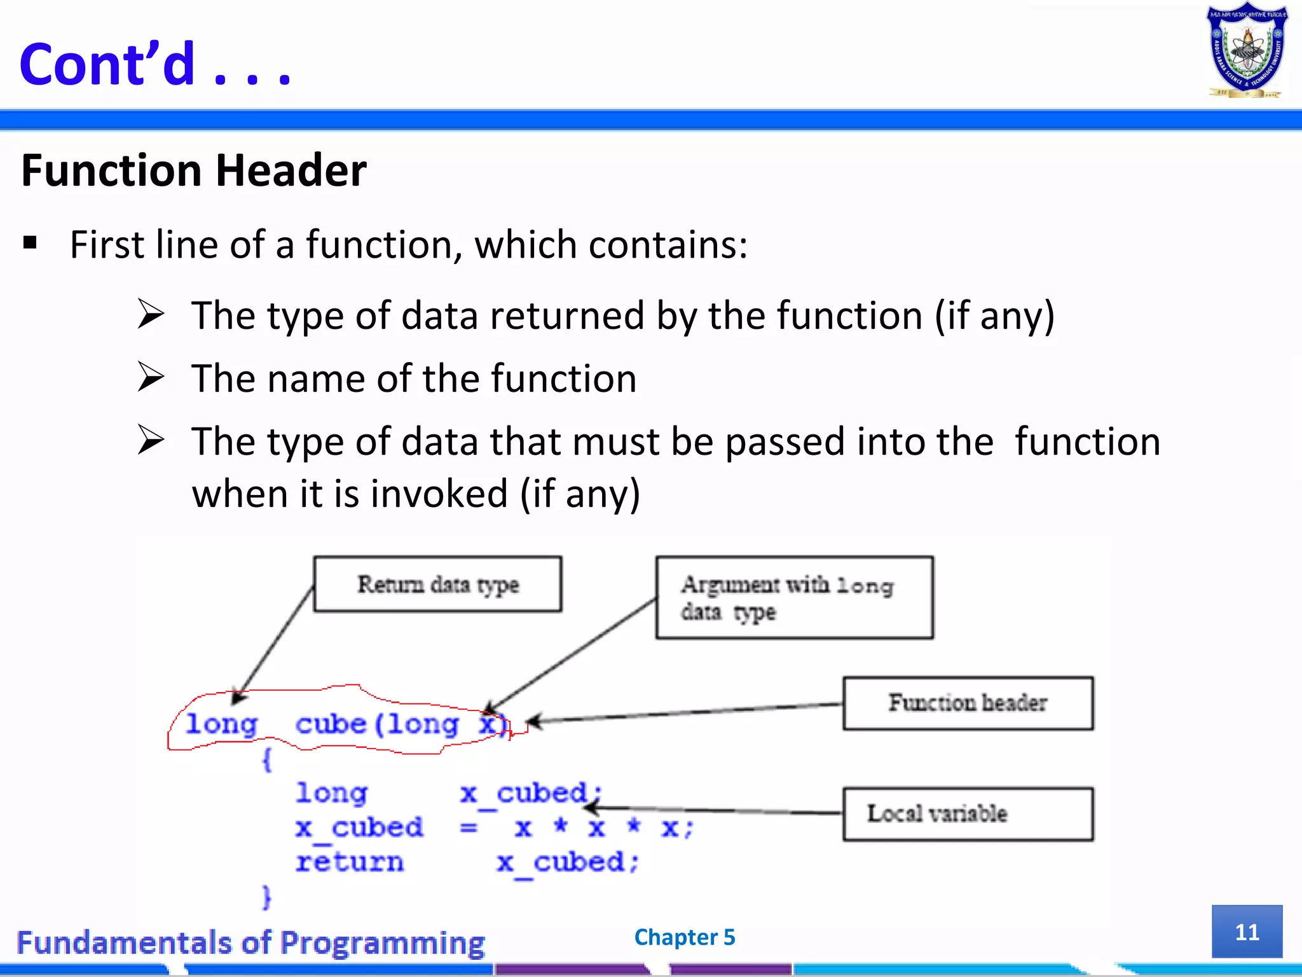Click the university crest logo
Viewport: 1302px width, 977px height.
coord(1246,51)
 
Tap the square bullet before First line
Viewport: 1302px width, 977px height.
coord(30,242)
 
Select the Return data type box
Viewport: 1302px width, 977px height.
coord(437,584)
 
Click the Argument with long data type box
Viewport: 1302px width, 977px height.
coord(794,597)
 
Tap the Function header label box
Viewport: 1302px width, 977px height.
coord(968,703)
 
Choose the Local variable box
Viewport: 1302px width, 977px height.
coord(968,814)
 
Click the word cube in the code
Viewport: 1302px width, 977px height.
coord(331,724)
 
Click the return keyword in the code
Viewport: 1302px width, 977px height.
coord(349,862)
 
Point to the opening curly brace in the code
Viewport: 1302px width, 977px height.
coord(267,759)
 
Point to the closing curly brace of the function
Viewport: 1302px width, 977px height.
coord(267,897)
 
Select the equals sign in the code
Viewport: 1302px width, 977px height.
coord(469,828)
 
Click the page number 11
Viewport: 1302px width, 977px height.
coord(1247,932)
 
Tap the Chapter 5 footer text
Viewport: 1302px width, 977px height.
coord(685,937)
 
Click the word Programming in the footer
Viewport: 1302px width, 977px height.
coord(382,943)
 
